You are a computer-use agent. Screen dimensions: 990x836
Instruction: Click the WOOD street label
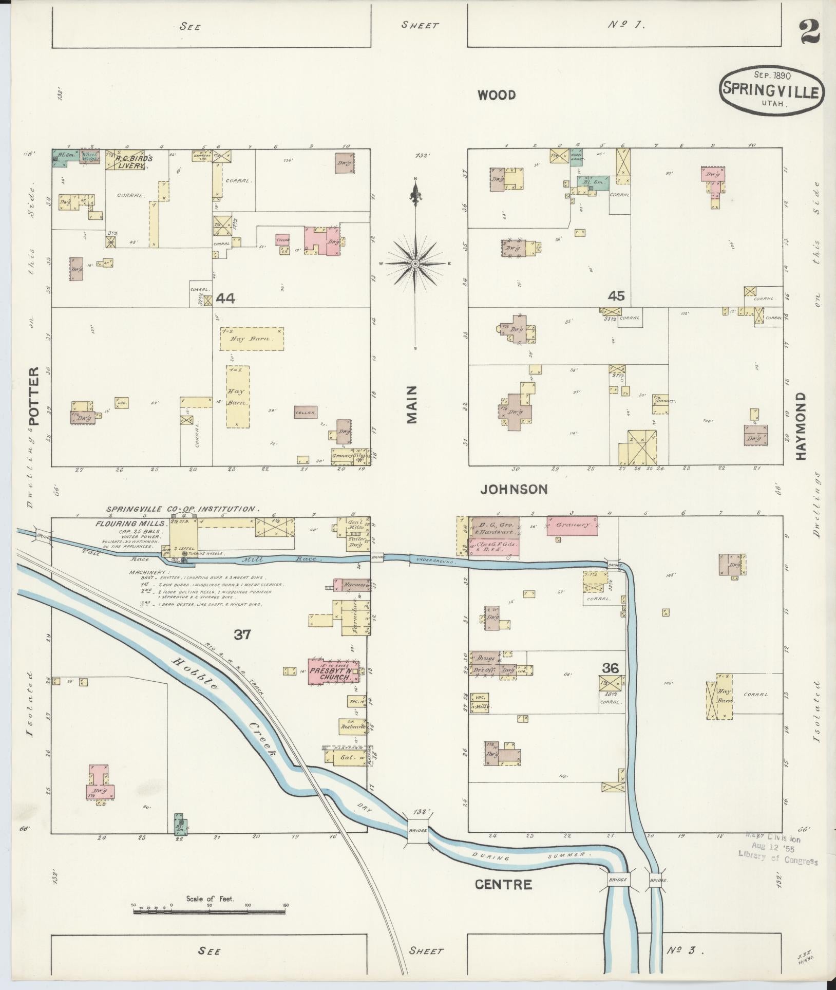pyautogui.click(x=496, y=95)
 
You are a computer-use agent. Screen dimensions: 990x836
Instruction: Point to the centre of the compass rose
pyautogui.click(x=415, y=264)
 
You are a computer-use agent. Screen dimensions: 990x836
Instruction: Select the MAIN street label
pyautogui.click(x=412, y=405)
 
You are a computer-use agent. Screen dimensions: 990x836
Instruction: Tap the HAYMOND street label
pyautogui.click(x=803, y=426)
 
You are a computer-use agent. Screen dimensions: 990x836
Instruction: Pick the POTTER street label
pyautogui.click(x=34, y=396)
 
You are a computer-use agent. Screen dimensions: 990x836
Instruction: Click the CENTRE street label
pyautogui.click(x=503, y=885)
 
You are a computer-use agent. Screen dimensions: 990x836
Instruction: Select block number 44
pyautogui.click(x=225, y=298)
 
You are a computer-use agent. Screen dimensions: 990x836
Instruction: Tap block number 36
pyautogui.click(x=611, y=668)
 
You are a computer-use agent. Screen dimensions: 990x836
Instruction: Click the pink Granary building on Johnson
pyautogui.click(x=572, y=526)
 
